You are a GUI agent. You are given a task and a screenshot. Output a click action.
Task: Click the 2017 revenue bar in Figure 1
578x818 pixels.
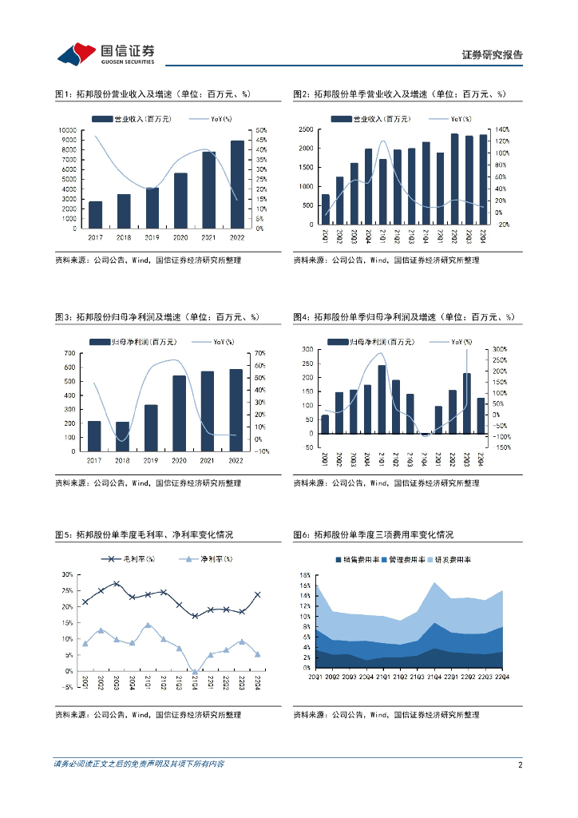[95, 215]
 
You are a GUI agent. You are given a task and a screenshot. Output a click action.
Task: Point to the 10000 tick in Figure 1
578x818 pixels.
[69, 130]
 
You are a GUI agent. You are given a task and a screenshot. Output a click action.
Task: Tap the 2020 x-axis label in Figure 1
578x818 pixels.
[180, 237]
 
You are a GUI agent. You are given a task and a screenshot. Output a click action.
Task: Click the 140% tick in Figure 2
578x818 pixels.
[502, 129]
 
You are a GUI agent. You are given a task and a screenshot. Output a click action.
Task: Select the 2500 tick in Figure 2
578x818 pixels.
[304, 129]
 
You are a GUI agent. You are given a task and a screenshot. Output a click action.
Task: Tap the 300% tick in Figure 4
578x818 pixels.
[500, 350]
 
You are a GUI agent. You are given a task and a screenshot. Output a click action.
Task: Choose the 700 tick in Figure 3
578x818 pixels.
[69, 353]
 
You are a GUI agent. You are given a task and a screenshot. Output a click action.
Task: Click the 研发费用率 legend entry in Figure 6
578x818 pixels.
[449, 560]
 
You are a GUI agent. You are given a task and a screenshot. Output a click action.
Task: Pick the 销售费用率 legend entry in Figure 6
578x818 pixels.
[348, 560]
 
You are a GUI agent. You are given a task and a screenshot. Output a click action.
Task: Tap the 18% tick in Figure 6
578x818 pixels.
[304, 575]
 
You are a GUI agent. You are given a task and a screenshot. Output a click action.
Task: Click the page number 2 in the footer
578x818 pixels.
[520, 764]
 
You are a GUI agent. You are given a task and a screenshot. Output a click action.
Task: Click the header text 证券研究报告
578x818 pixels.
[493, 55]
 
